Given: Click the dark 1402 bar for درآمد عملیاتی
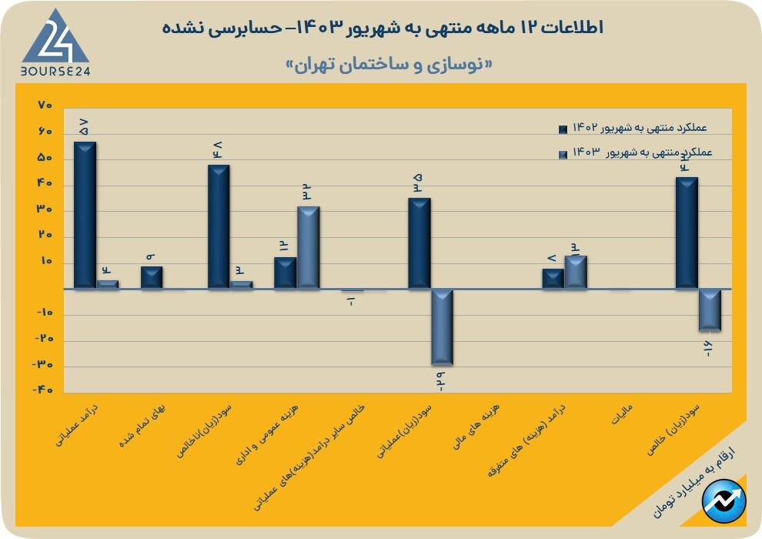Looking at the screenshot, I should click(x=85, y=215).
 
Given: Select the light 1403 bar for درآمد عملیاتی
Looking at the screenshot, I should click(x=108, y=284).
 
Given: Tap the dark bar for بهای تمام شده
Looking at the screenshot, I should click(x=152, y=277).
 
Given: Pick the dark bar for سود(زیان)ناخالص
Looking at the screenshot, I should click(x=219, y=226).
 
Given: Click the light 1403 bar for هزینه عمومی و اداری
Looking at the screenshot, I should click(x=308, y=247).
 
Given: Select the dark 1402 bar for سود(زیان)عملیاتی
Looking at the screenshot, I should click(x=419, y=243).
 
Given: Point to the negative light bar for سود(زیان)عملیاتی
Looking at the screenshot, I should click(x=442, y=326).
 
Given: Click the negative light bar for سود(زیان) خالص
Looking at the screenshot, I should click(x=709, y=310).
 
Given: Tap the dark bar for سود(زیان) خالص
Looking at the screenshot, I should click(x=686, y=233).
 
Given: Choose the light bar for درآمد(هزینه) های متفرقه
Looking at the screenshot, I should click(x=576, y=272).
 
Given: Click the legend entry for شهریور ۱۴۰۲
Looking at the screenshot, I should click(x=633, y=127).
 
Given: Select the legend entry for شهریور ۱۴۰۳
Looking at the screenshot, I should click(x=633, y=153).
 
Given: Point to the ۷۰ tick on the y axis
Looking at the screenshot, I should click(x=44, y=105).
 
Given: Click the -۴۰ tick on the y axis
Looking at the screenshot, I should click(x=42, y=390).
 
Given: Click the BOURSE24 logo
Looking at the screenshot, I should click(x=55, y=44).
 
